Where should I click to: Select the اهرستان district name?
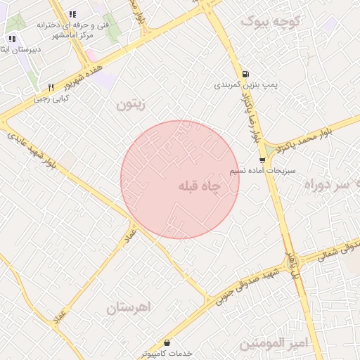coord(129,308)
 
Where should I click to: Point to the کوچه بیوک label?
coord(271,22)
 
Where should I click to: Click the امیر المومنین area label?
coord(274,344)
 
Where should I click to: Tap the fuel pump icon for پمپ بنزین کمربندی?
coord(244,73)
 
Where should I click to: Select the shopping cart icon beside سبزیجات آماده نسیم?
coord(262,160)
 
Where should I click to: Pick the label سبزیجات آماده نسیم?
coord(262,171)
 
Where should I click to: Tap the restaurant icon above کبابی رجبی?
coord(51,87)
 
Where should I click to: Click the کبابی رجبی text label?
coord(51,99)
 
